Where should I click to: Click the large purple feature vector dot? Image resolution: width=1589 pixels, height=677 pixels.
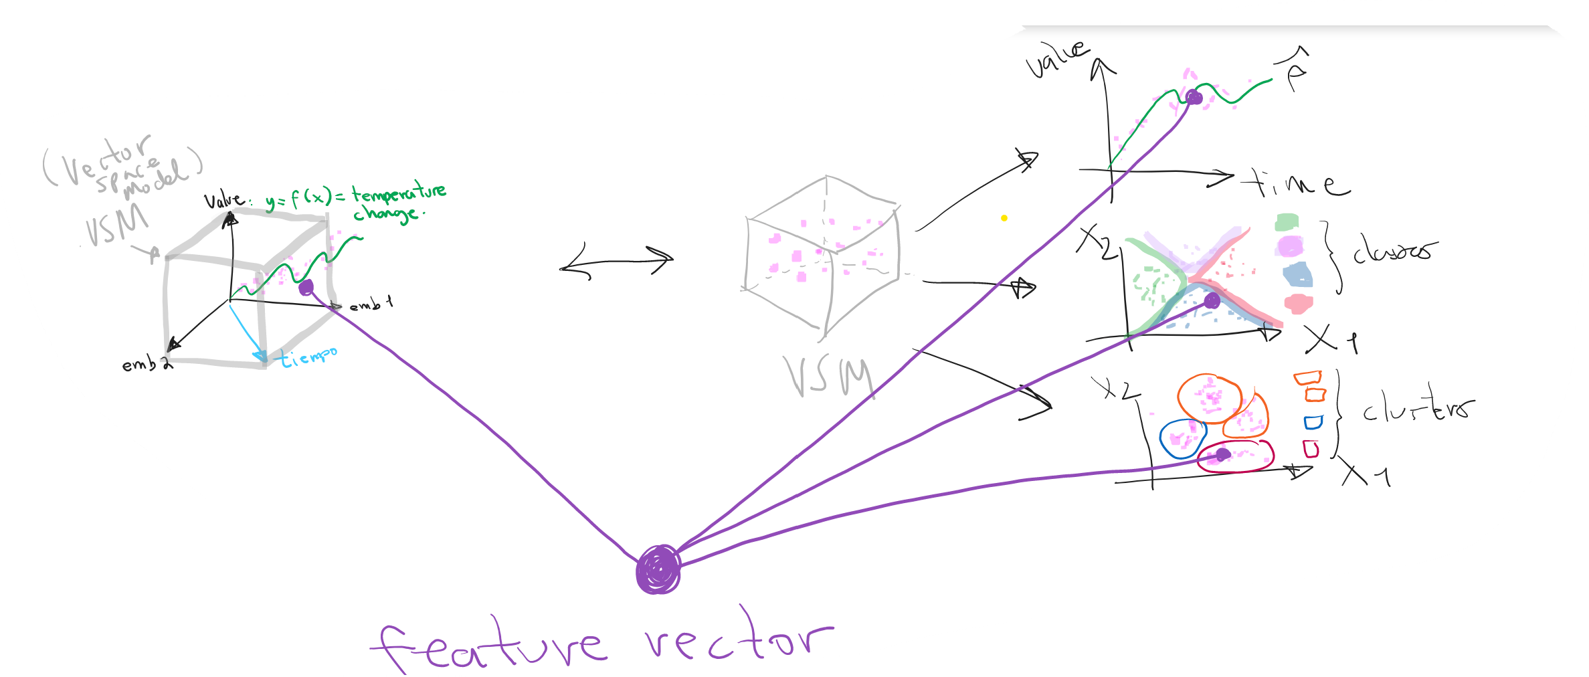coord(658,569)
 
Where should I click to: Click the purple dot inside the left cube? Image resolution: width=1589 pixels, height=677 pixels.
coord(306,288)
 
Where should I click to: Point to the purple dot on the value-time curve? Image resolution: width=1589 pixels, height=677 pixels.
coord(1194,98)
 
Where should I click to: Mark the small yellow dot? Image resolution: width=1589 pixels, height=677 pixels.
coord(1004,218)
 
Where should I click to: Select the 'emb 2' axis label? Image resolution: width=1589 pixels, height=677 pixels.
coord(147,365)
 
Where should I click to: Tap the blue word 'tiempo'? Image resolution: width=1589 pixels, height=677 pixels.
coord(308,357)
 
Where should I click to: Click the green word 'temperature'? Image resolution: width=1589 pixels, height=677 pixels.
coord(399,193)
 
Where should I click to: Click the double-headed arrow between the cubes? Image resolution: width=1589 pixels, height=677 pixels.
coord(616,262)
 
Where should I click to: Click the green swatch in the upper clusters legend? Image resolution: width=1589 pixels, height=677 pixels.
coord(1287,222)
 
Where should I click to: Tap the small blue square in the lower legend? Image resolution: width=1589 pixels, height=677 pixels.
coord(1313,423)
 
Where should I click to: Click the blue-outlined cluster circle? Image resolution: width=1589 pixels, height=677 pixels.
coord(1182,438)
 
